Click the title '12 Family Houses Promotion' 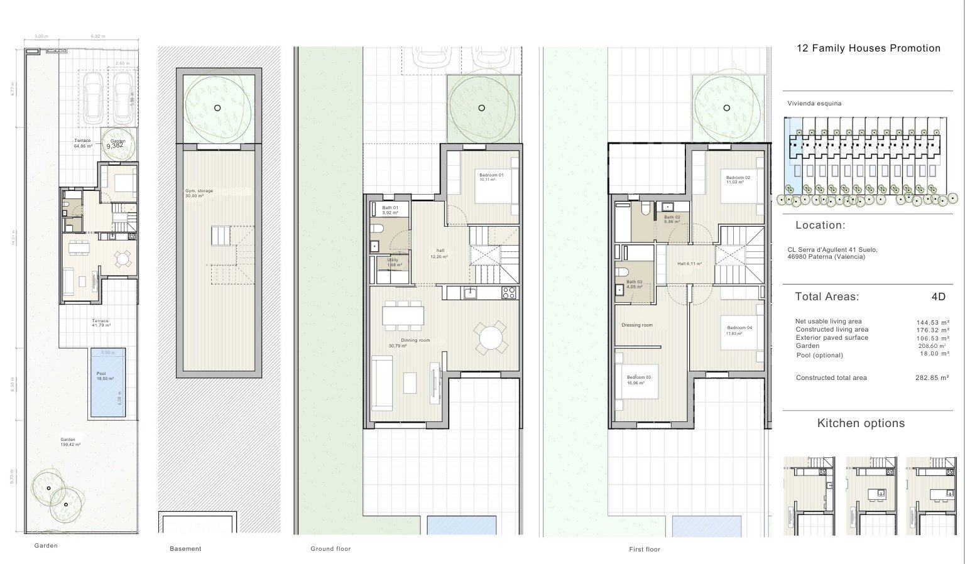(868, 48)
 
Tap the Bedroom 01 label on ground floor (491, 175)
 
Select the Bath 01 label (390, 208)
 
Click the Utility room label (393, 260)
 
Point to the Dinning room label (415, 340)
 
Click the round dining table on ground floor (490, 340)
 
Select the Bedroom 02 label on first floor (738, 178)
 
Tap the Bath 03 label (634, 282)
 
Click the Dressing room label (636, 325)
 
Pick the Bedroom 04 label (739, 328)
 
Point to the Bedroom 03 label (638, 377)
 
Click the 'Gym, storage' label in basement (199, 191)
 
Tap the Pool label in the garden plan (101, 374)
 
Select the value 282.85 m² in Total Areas (932, 378)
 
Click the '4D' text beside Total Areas (938, 297)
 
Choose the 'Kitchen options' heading (861, 423)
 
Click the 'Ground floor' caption (330, 549)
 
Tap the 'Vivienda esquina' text (814, 104)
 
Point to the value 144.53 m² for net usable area (932, 322)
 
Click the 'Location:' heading (820, 225)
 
